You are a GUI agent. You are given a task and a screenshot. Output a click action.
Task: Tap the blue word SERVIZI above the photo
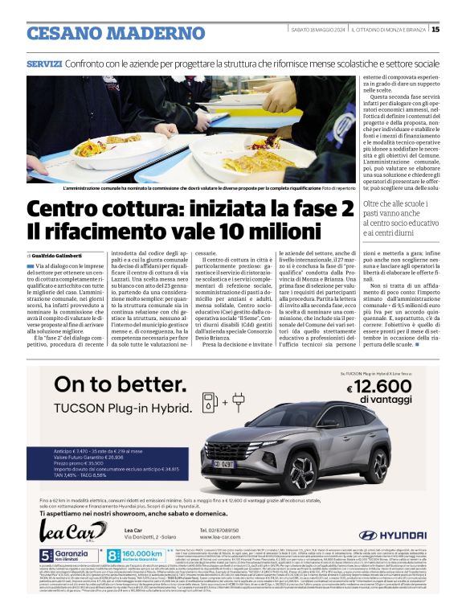click(44, 63)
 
